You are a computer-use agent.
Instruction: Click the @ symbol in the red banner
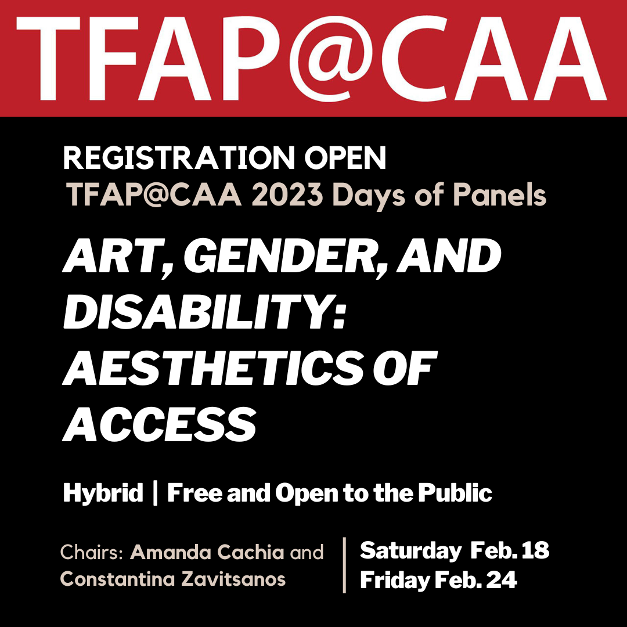[x=330, y=59]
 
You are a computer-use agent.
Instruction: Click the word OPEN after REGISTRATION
[x=345, y=158]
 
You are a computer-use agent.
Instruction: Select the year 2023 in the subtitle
[x=287, y=194]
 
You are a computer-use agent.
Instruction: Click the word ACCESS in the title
[x=160, y=424]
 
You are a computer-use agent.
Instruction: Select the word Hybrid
[x=103, y=493]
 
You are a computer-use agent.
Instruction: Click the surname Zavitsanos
[x=233, y=579]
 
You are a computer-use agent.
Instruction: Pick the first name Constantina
[x=117, y=579]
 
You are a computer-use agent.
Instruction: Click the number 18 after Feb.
[x=536, y=550]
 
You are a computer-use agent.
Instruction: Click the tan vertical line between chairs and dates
[x=344, y=565]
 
